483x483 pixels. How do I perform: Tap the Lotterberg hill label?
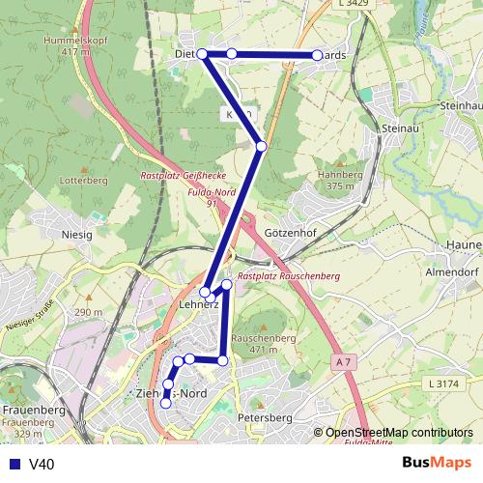[x=83, y=181]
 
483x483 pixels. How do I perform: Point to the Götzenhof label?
[x=289, y=234]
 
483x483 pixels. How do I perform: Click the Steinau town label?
[x=398, y=128]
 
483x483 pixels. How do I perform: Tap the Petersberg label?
[x=264, y=418]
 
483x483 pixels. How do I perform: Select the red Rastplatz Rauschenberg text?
[x=289, y=276]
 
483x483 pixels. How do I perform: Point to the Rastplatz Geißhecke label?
[x=183, y=177]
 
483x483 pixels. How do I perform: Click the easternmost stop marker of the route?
[x=317, y=56]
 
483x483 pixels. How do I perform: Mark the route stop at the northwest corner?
[x=203, y=54]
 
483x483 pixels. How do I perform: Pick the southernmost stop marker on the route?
[x=165, y=404]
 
